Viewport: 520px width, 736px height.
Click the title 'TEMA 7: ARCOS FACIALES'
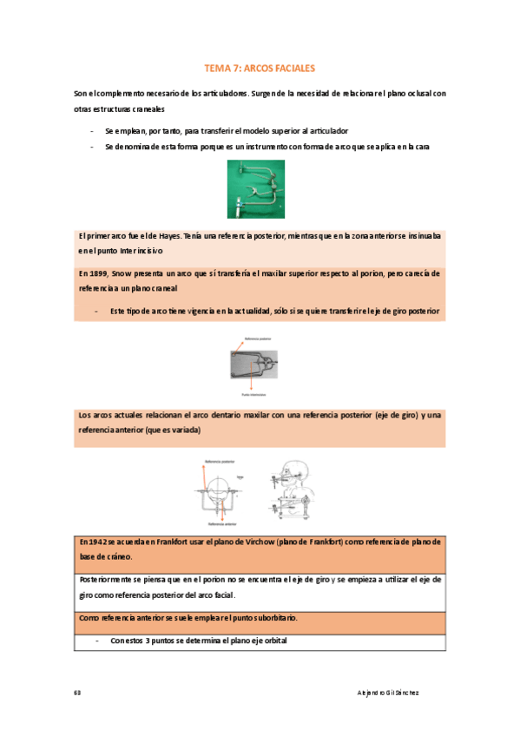click(x=259, y=67)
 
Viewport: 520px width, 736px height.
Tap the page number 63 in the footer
click(x=78, y=692)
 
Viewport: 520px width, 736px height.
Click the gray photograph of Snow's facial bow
click(x=260, y=367)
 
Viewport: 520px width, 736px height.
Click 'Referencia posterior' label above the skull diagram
click(x=220, y=463)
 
